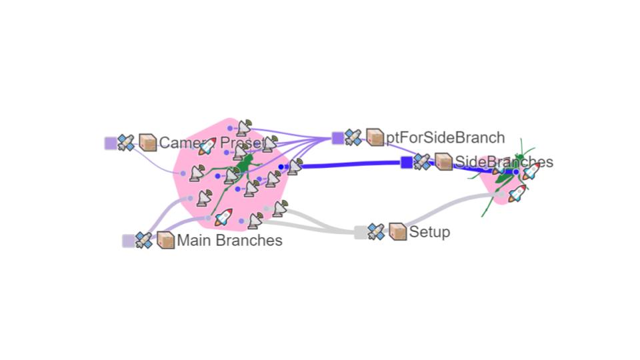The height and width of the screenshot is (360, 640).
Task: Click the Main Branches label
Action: (229, 241)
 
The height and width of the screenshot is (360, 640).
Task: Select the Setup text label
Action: (429, 232)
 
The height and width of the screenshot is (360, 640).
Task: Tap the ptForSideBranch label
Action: (445, 138)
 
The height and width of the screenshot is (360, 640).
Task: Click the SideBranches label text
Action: (503, 161)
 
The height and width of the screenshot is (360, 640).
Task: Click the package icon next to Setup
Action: (398, 232)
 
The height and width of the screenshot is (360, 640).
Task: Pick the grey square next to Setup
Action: (360, 232)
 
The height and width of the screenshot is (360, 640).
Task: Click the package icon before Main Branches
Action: (165, 241)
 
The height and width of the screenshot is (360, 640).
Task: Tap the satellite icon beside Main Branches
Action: (144, 241)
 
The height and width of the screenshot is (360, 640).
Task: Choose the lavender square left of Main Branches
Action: (128, 241)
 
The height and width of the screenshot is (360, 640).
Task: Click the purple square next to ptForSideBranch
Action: (338, 138)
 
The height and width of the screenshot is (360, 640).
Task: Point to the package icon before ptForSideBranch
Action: (375, 138)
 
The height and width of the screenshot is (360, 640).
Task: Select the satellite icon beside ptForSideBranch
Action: (354, 138)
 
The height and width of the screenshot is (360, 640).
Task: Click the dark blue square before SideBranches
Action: (407, 162)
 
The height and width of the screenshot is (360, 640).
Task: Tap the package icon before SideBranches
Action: (444, 162)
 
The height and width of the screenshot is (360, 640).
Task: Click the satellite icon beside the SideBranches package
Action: (423, 162)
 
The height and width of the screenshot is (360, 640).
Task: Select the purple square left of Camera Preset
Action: (111, 143)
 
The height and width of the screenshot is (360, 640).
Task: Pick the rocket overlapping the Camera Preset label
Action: (208, 146)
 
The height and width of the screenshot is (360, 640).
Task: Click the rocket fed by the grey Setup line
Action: (517, 193)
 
